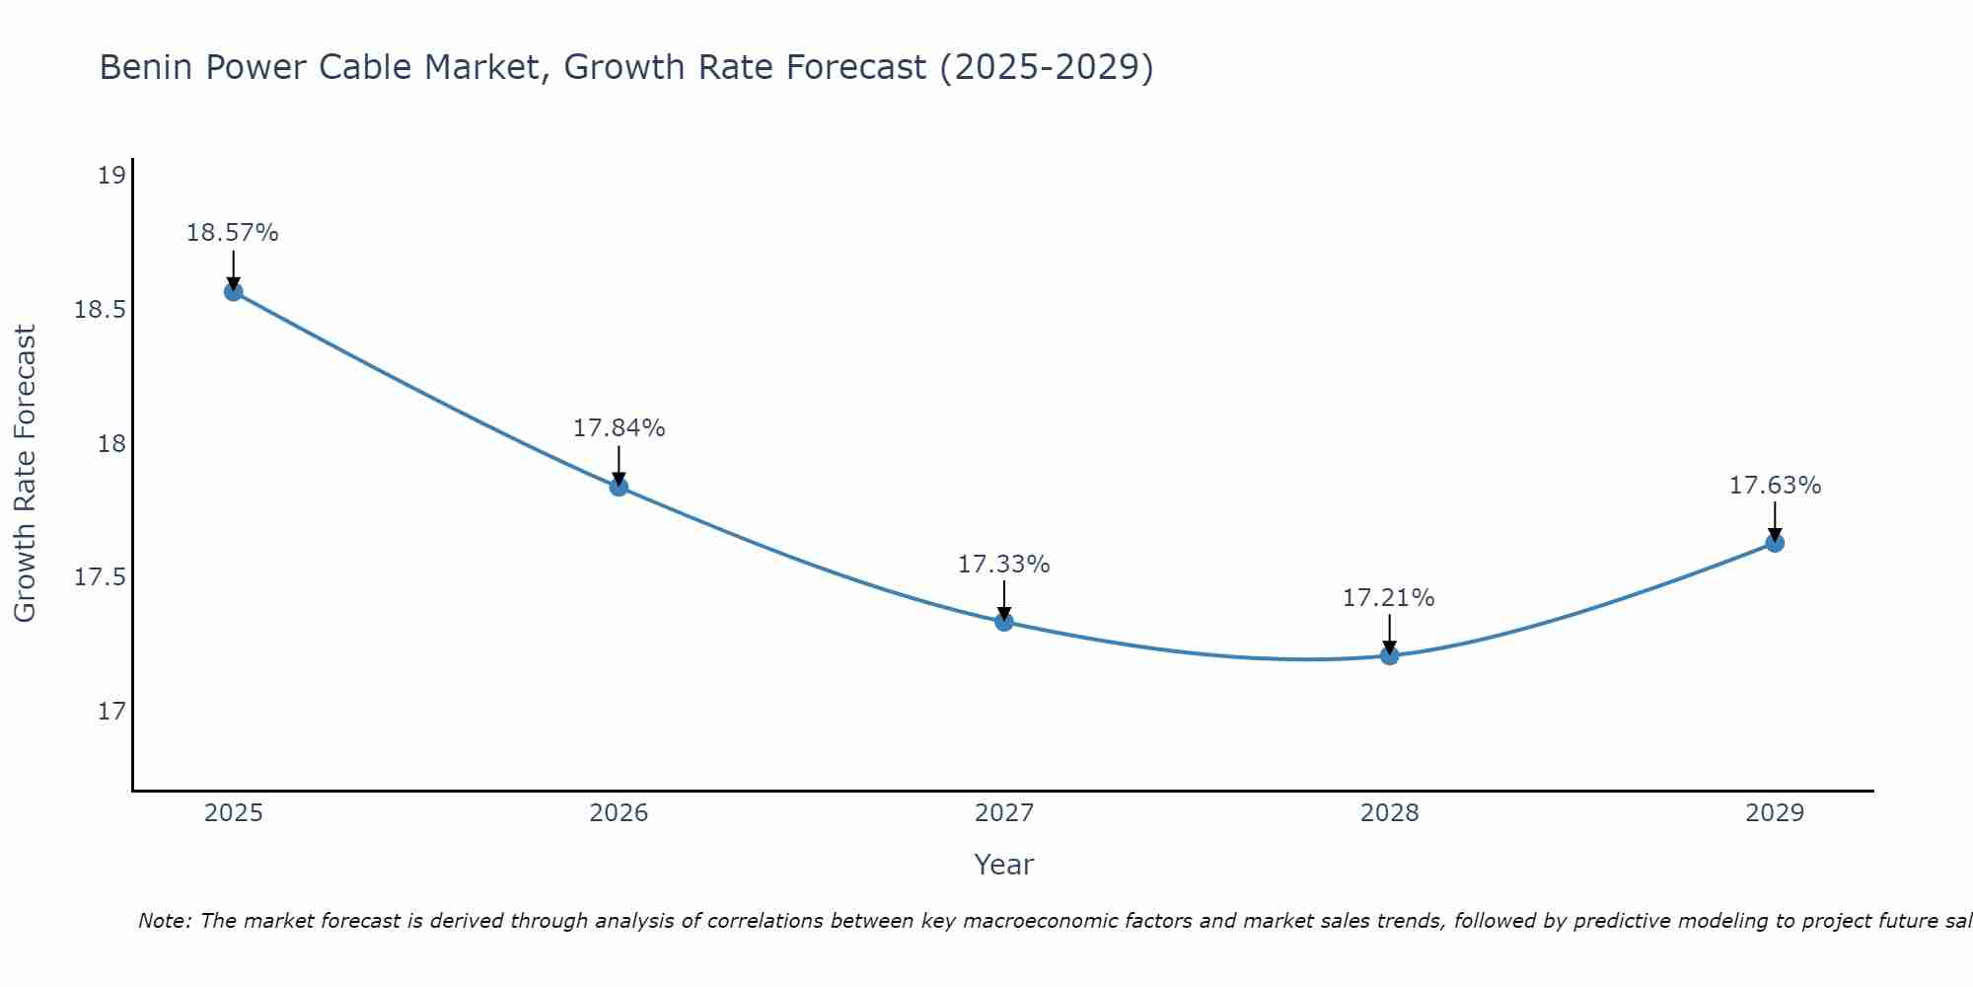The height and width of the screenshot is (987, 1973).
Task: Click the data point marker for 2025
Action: click(x=234, y=291)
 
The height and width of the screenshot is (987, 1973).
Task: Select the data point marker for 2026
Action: click(x=619, y=487)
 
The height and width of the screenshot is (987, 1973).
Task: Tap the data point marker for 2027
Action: click(x=1004, y=622)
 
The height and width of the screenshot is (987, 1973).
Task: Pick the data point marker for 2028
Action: click(x=1389, y=655)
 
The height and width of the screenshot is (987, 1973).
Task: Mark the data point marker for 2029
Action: click(x=1775, y=543)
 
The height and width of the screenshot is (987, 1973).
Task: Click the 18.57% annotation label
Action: click(x=233, y=233)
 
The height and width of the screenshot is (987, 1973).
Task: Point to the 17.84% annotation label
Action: click(x=619, y=428)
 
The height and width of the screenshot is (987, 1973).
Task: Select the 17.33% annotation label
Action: click(x=1003, y=565)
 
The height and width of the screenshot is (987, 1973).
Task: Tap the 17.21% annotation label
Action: click(x=1388, y=598)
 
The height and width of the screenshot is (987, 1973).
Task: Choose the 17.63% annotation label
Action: click(x=1775, y=486)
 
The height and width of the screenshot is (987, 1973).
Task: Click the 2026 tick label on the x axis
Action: click(x=619, y=813)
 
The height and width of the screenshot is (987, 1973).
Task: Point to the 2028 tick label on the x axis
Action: click(x=1389, y=813)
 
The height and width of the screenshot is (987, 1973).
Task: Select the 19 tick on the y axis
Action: click(x=111, y=177)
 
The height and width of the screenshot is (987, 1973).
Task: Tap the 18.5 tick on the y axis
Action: click(x=101, y=310)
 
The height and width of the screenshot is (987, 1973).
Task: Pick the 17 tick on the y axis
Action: click(x=111, y=711)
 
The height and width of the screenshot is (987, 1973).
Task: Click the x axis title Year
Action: click(x=1003, y=865)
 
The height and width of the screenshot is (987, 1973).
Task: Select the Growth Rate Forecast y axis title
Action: click(x=25, y=474)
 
